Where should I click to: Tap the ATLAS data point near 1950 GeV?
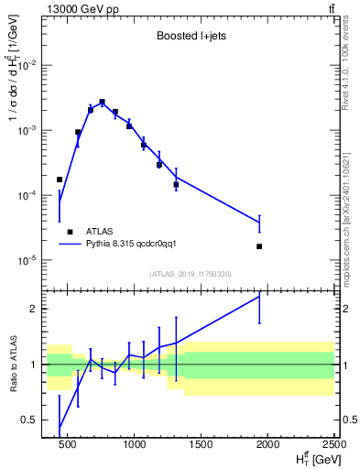pos(259,246)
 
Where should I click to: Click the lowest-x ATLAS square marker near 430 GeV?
pos(60,180)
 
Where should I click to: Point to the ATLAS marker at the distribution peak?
pos(102,102)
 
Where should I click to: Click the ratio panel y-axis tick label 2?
pos(37,309)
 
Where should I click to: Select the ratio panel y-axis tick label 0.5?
pos(33,420)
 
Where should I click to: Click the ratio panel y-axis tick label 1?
pos(37,365)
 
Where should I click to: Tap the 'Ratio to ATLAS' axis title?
pos(12,365)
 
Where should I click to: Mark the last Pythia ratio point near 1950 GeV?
pos(259,296)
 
